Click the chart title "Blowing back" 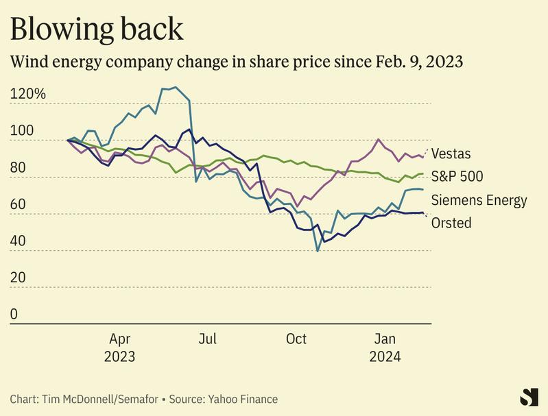click(x=97, y=28)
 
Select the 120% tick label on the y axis click(x=27, y=94)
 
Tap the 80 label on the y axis click(x=19, y=167)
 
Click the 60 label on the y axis click(x=19, y=204)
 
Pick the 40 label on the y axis click(x=19, y=241)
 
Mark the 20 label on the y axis click(x=19, y=278)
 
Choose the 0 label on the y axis click(x=14, y=314)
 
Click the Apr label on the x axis click(x=120, y=339)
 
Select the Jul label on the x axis click(x=208, y=339)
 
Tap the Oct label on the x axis click(x=296, y=339)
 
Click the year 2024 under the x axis click(x=385, y=357)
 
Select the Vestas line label click(x=451, y=154)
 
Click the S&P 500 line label click(x=457, y=177)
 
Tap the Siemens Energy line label click(x=479, y=200)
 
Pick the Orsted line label click(x=451, y=223)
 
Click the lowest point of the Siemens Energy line click(x=318, y=251)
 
